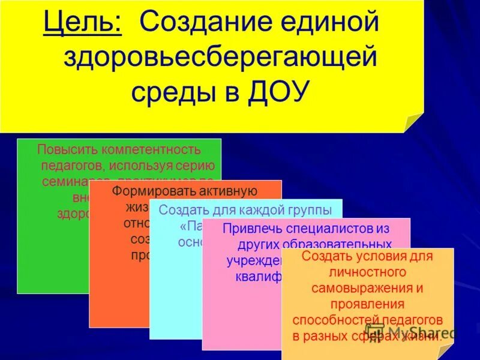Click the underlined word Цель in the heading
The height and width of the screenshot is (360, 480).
coord(83,24)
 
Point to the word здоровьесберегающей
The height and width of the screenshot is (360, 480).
coord(220,58)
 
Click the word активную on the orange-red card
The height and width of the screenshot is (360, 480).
coord(227,191)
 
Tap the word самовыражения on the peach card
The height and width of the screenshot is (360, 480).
coord(367,288)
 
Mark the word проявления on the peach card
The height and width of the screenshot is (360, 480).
coord(368,304)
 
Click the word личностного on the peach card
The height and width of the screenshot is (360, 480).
coord(368,272)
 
